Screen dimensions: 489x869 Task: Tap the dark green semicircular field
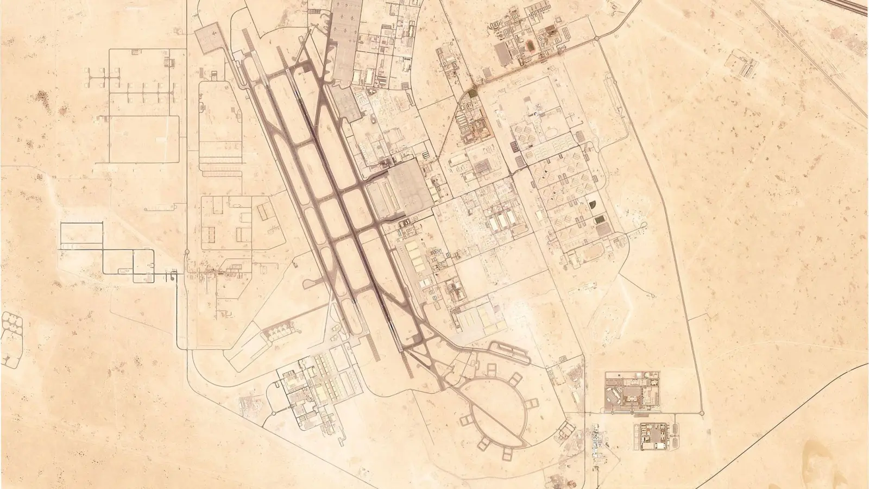(x=593, y=205)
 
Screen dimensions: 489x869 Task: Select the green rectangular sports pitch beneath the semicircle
(x=599, y=220)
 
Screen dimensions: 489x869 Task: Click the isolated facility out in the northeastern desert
(x=744, y=64)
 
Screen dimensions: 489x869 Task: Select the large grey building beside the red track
(x=503, y=53)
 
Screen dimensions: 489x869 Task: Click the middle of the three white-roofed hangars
(x=499, y=222)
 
